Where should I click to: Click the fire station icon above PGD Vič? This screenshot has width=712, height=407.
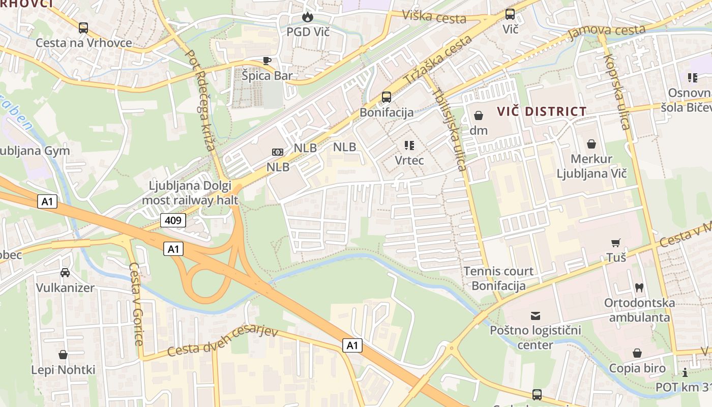click(x=307, y=17)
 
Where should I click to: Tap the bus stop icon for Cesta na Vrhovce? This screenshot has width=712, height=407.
click(x=83, y=28)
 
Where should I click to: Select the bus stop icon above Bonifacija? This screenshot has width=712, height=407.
click(x=387, y=97)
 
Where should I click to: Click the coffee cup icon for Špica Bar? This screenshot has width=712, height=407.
click(x=267, y=61)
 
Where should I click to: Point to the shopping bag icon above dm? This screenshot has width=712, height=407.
click(x=478, y=115)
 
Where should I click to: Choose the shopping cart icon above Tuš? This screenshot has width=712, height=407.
click(x=616, y=243)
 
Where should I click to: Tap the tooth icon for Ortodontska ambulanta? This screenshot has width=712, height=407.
click(x=639, y=287)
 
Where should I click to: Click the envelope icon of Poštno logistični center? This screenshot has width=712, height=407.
click(x=536, y=316)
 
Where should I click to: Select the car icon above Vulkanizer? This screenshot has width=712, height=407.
click(x=65, y=273)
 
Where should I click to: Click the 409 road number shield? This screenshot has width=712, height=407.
click(x=173, y=220)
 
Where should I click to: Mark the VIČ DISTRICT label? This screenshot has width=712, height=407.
click(x=542, y=111)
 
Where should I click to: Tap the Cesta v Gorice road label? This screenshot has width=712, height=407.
click(x=136, y=304)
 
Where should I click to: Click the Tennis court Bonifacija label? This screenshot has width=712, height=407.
click(x=498, y=278)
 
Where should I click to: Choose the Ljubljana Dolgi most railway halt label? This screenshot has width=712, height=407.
click(x=190, y=193)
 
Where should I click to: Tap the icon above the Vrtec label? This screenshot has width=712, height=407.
click(x=409, y=146)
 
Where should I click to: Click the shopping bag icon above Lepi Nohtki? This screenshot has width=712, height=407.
click(x=63, y=355)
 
